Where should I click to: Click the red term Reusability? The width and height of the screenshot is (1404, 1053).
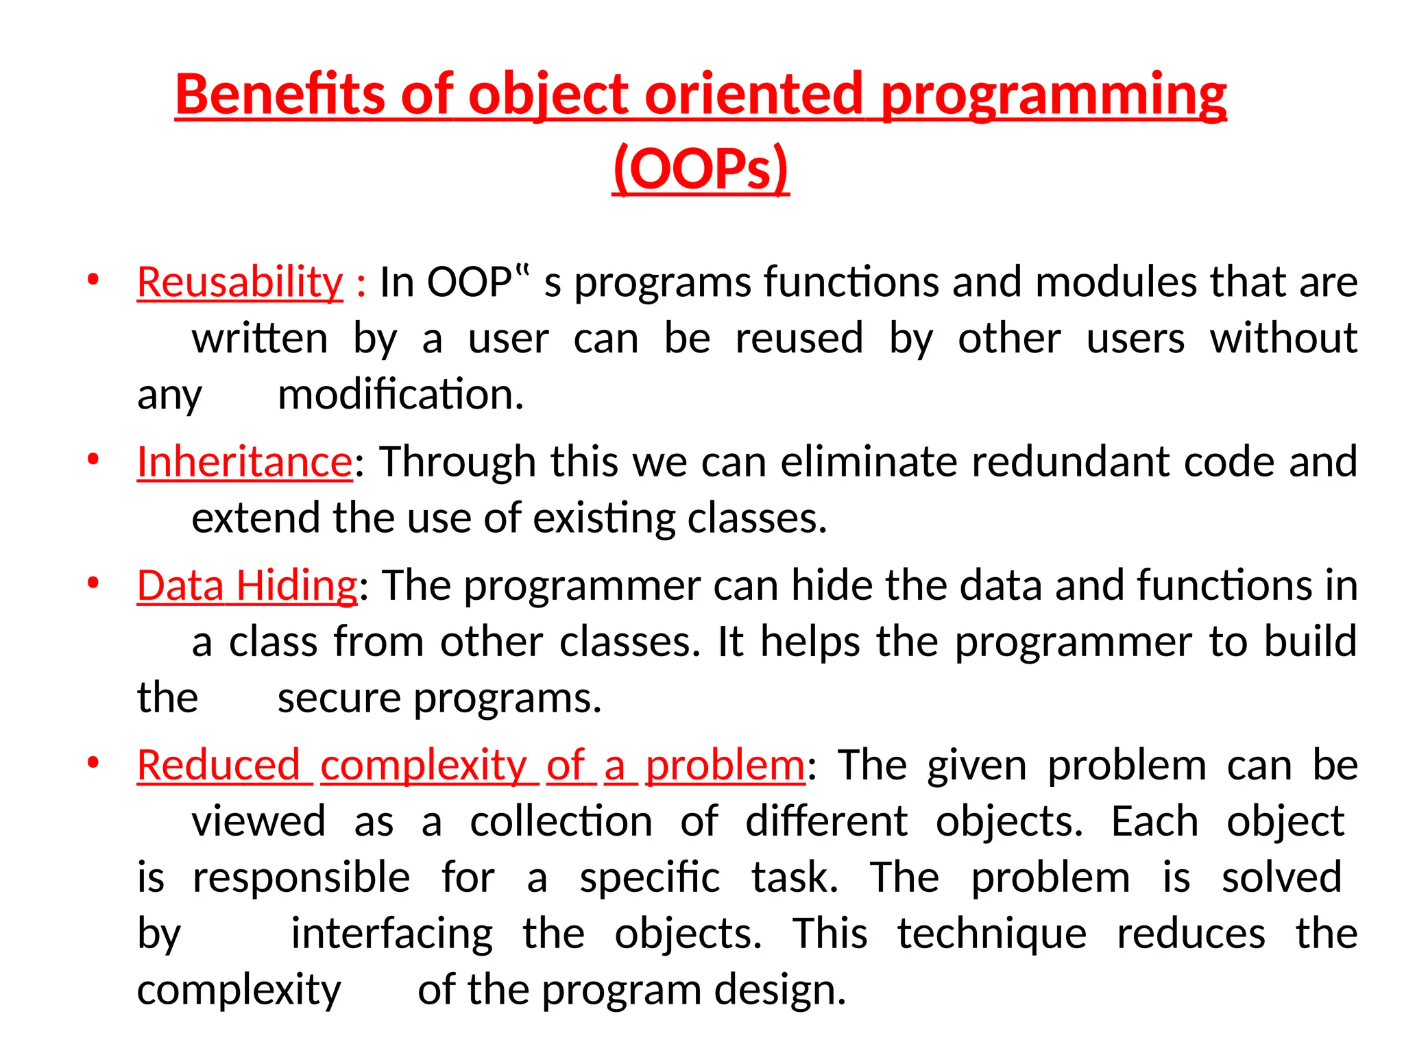(x=240, y=282)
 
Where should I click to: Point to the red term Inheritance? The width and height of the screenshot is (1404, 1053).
(x=245, y=461)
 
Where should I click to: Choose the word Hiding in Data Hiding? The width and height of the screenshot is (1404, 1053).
(x=296, y=586)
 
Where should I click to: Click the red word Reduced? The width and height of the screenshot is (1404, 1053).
(x=219, y=765)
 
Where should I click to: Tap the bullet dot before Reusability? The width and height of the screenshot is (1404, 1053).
(x=93, y=279)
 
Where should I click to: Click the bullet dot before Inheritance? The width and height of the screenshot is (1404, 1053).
(x=93, y=459)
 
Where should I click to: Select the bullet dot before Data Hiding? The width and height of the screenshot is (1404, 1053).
(x=93, y=583)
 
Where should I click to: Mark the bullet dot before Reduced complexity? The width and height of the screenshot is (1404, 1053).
(x=93, y=762)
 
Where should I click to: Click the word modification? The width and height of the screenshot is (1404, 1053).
(x=400, y=395)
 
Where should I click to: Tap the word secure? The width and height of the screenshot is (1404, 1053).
(x=339, y=699)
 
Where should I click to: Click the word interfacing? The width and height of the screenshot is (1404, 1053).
(x=391, y=934)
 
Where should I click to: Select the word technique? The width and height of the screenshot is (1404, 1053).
(x=992, y=934)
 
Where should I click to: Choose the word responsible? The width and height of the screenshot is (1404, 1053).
(x=302, y=878)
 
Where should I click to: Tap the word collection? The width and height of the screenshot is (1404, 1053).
(x=561, y=822)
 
